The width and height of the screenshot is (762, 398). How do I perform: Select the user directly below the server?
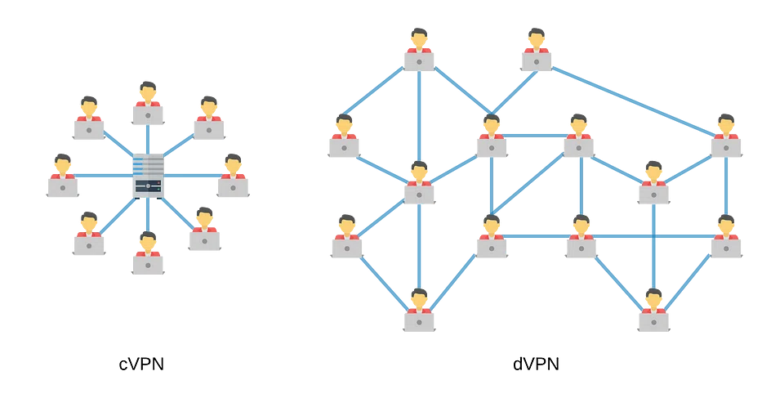tap(148, 254)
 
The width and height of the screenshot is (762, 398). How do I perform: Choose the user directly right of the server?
tap(233, 177)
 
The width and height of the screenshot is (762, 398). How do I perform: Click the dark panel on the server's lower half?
tap(147, 187)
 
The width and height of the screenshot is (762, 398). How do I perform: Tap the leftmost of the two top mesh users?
tap(419, 51)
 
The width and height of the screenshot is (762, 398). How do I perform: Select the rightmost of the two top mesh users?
tap(536, 51)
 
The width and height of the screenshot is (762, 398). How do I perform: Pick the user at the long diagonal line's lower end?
tap(726, 137)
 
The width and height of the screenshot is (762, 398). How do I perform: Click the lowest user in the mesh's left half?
tap(419, 311)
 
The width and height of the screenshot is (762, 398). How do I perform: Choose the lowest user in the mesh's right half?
tap(653, 311)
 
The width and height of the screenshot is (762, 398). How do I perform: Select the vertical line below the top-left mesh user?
tap(419, 114)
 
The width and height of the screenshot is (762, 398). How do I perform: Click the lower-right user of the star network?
tap(204, 230)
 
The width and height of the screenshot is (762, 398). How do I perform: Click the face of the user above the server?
tap(148, 92)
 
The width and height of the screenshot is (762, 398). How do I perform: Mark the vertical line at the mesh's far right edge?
tap(726, 188)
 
